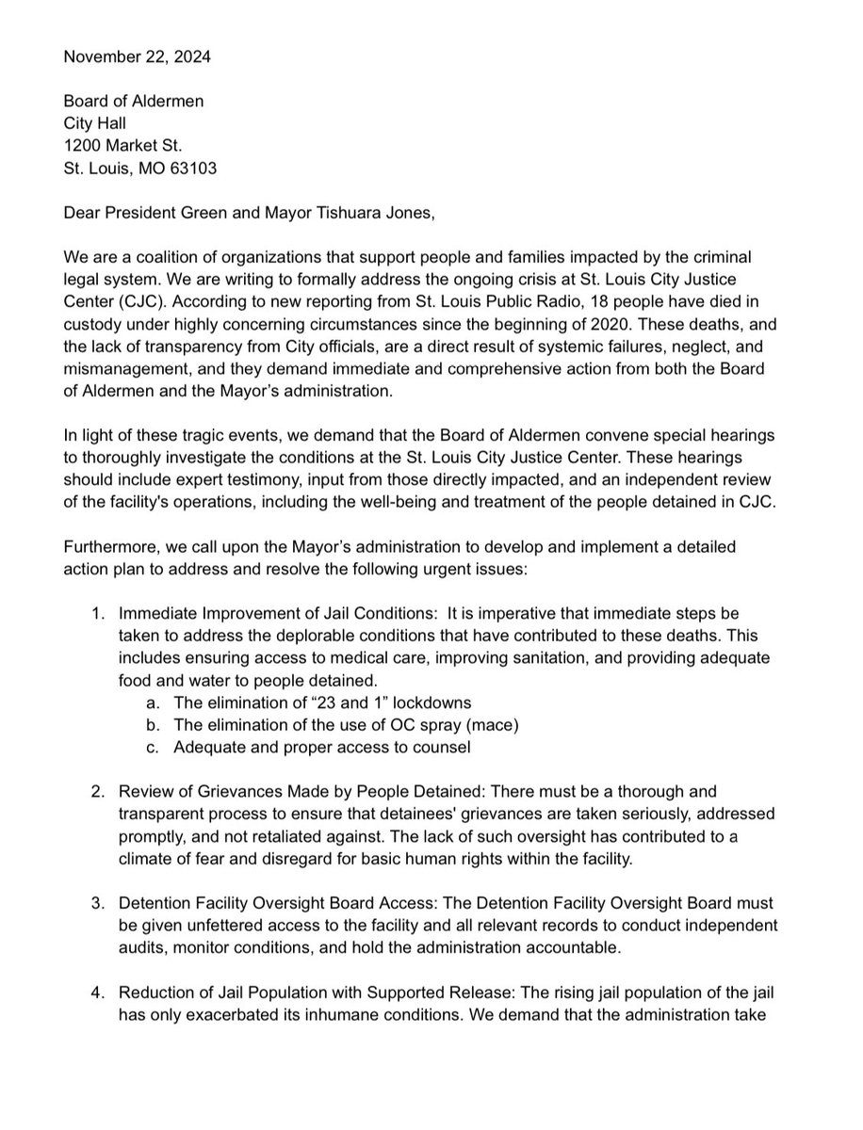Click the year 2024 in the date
point(192,56)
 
